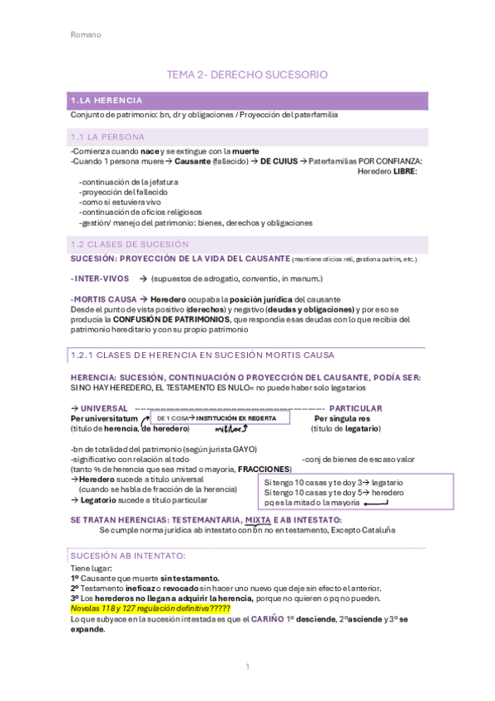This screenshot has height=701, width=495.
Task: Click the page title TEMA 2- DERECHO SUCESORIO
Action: [247, 74]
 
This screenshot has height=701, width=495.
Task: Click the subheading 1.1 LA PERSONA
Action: [105, 136]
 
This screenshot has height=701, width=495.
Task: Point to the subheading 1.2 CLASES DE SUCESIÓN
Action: [130, 244]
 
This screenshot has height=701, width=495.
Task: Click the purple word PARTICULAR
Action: [355, 408]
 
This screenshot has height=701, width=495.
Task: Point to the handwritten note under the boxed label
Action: [231, 429]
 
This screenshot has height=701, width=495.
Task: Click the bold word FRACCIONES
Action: [264, 469]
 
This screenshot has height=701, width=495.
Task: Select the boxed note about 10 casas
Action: [357, 492]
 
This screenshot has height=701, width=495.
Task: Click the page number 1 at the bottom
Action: [247, 666]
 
